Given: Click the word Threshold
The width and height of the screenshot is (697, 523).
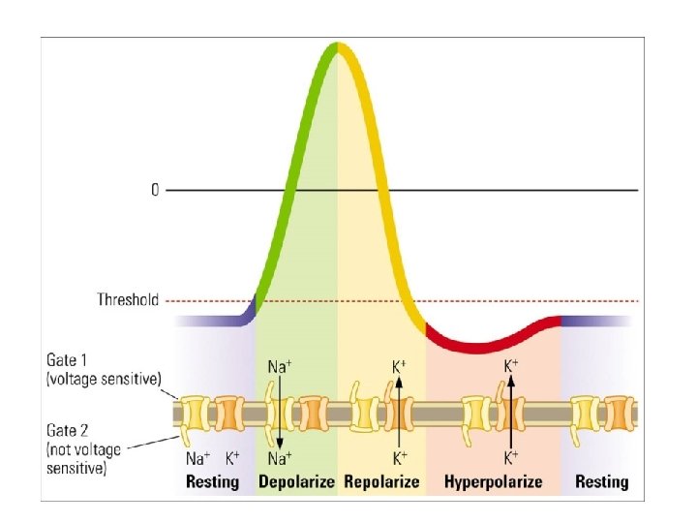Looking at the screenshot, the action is [x=128, y=300].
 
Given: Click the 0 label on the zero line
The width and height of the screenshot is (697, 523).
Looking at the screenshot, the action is [x=155, y=191].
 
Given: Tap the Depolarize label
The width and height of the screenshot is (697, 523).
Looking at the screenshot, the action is [x=296, y=481].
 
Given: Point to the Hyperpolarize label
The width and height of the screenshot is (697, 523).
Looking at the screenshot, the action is [x=494, y=481].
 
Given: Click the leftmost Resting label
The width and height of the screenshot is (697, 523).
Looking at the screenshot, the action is [x=213, y=481].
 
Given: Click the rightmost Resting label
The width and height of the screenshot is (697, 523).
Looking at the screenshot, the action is [x=601, y=481].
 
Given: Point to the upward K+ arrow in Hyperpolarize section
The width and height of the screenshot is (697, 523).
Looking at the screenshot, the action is [x=511, y=412].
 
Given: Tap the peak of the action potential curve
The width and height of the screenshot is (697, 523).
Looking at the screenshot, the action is [x=336, y=46].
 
